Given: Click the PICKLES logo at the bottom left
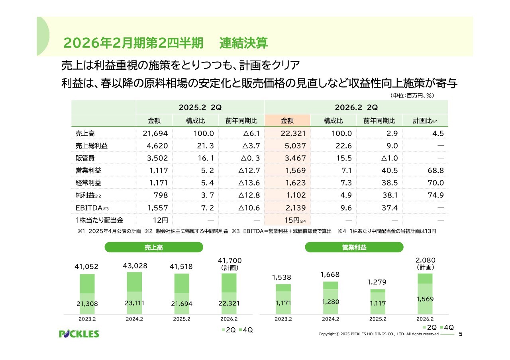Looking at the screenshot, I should (x=79, y=334).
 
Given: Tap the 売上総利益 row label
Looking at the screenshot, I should (x=91, y=146).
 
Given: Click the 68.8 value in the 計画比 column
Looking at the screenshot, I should (x=435, y=170).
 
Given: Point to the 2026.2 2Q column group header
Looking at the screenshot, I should (x=356, y=108).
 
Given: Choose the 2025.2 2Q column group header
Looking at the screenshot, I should (x=200, y=108).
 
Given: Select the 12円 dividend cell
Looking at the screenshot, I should (x=160, y=220).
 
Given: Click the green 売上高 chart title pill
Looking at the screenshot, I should (x=153, y=247).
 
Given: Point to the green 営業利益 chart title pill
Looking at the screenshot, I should (x=354, y=247).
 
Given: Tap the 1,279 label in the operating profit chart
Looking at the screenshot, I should (x=377, y=282).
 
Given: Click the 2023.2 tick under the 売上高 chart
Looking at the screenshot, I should (x=87, y=319).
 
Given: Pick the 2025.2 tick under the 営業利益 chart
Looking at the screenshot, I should (x=377, y=319).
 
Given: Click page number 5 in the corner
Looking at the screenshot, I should (x=461, y=334).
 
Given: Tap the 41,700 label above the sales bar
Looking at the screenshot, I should (x=229, y=260).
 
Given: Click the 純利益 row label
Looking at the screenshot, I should (x=86, y=196).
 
